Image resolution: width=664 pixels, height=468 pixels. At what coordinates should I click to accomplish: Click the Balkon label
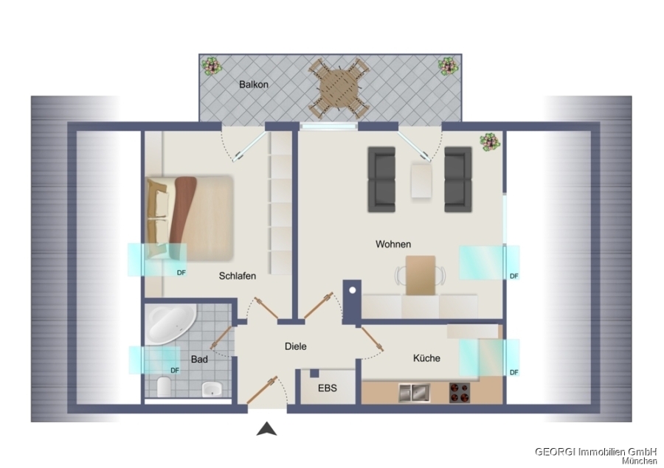254,84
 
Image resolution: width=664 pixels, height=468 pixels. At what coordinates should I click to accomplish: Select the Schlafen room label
237,276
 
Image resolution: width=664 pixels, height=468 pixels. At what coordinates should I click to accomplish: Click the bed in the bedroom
190,218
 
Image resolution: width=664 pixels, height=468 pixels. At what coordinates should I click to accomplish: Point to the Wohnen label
393,244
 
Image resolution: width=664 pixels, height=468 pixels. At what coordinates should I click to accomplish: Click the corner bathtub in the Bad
170,324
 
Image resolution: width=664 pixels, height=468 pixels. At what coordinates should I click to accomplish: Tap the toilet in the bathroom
164,387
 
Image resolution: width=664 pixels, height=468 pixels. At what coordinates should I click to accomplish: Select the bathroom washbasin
212,389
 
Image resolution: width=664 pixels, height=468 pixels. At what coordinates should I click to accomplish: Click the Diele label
296,346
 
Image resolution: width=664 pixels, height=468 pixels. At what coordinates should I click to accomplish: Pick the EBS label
328,388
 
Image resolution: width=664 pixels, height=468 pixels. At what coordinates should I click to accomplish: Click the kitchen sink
414,393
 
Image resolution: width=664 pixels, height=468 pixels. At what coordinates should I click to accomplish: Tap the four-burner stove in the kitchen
460,393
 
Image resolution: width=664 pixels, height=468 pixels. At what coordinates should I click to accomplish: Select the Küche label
426,358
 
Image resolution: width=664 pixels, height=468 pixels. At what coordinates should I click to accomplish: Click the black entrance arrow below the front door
266,429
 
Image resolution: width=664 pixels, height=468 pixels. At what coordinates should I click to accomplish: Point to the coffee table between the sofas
421,181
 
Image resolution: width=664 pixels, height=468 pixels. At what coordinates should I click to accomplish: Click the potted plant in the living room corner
490,142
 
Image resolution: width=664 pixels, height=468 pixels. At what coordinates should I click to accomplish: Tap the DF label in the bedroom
181,273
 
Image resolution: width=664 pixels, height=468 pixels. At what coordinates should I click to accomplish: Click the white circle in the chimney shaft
353,290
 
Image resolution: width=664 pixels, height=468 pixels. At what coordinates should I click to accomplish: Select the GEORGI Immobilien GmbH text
595,452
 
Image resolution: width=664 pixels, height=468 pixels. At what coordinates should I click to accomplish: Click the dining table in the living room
421,275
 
